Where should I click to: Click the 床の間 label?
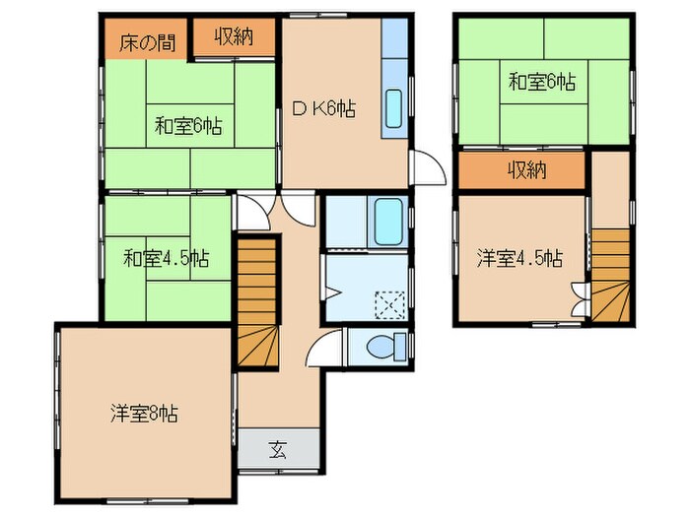pyautogui.click(x=148, y=43)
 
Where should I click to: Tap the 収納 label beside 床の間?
pyautogui.click(x=235, y=37)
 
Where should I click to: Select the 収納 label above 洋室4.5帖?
pyautogui.click(x=527, y=169)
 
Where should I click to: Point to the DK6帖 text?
pyautogui.click(x=324, y=109)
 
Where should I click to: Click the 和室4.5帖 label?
pyautogui.click(x=167, y=258)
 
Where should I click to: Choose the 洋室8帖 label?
pyautogui.click(x=144, y=414)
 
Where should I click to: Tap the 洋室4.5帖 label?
pyautogui.click(x=519, y=258)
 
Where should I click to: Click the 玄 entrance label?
pyautogui.click(x=278, y=450)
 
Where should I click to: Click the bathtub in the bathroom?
pyautogui.click(x=388, y=222)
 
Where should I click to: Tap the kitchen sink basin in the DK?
pyautogui.click(x=393, y=108)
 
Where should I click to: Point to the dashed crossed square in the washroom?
pyautogui.click(x=390, y=305)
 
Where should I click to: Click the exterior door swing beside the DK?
pyautogui.click(x=428, y=167)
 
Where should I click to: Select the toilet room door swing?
pyautogui.click(x=323, y=348)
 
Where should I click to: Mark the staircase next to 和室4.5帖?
pyautogui.click(x=258, y=302)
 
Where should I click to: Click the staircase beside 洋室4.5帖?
pyautogui.click(x=611, y=275)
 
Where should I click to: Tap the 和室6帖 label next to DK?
pyautogui.click(x=188, y=127)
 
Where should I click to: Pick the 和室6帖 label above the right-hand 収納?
pyautogui.click(x=542, y=82)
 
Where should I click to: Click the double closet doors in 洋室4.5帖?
pyautogui.click(x=580, y=299)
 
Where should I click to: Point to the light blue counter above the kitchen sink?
pyautogui.click(x=394, y=38)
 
